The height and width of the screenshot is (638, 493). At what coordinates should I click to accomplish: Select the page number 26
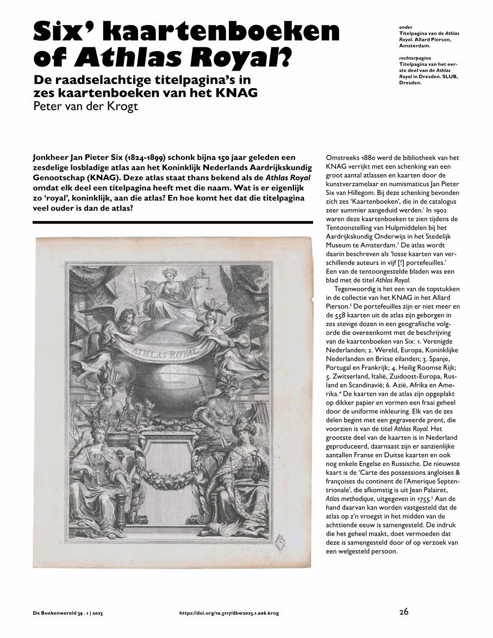click(403, 612)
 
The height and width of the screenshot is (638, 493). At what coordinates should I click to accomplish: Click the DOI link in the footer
click(229, 614)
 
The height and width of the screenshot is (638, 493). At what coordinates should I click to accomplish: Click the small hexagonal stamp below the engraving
click(282, 542)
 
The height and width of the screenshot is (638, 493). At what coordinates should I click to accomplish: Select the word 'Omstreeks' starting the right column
click(344, 157)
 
